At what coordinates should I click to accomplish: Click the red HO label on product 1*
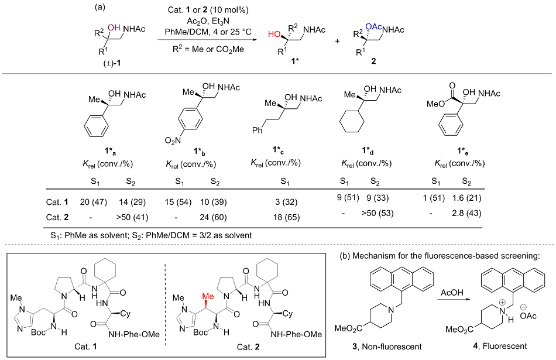coord(273,35)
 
